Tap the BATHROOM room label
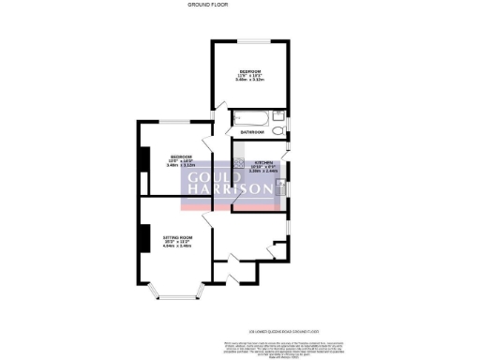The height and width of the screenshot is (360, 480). (251, 132)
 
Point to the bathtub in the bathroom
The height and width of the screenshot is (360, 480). (249, 119)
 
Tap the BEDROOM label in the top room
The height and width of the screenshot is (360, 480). (249, 72)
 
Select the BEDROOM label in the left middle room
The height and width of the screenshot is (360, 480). (181, 156)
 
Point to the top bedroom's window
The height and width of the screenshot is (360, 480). (249, 41)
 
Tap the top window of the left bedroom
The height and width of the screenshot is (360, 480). (176, 122)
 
